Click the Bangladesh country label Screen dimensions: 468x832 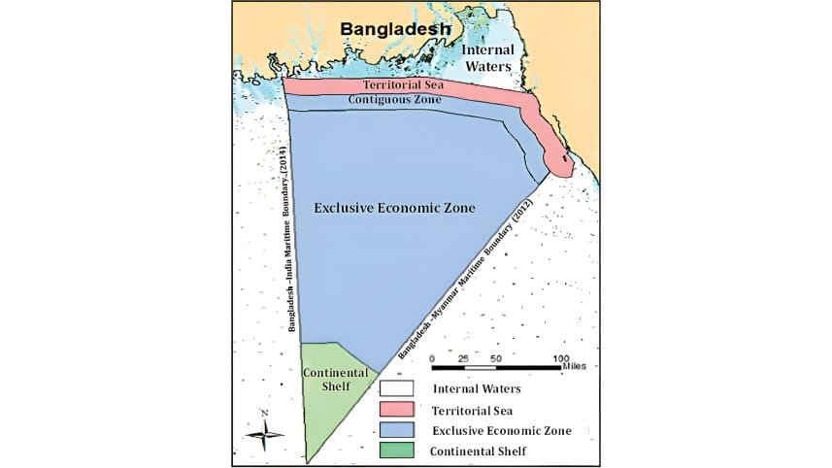(x=395, y=30)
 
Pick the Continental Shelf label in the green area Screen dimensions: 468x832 (x=335, y=380)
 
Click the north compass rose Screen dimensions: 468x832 (x=264, y=431)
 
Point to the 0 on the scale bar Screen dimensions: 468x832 (x=432, y=358)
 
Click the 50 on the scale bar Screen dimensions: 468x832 (x=496, y=358)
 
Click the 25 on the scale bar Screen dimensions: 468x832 (x=464, y=358)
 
